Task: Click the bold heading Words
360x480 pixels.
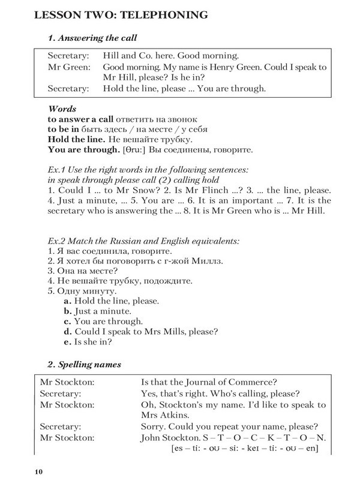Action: tap(61, 109)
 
